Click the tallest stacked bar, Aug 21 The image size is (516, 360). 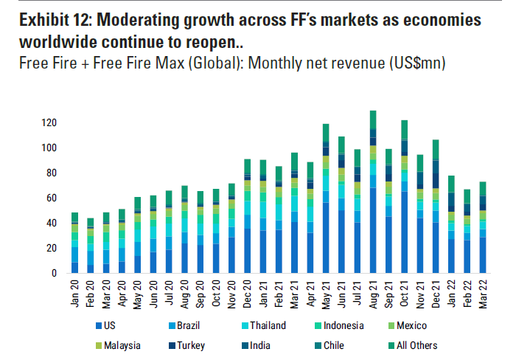pos(373,192)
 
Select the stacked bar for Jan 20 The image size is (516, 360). pos(74,243)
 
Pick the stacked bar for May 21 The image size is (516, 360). pos(325,198)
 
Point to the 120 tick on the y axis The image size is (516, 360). pos(49,122)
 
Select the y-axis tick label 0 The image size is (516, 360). pos(54,274)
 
